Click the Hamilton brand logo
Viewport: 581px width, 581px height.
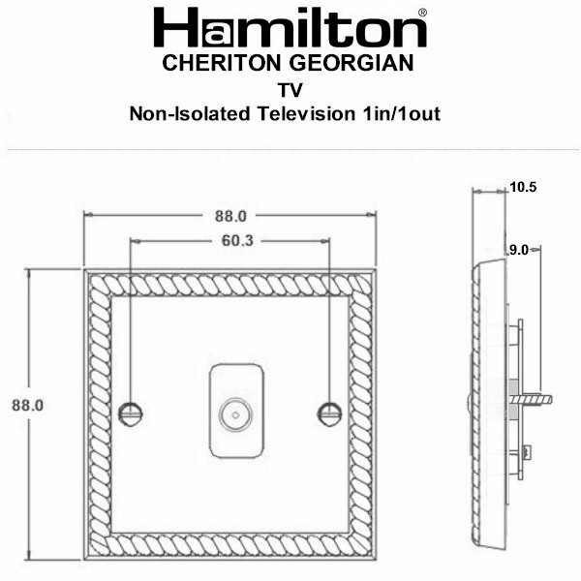coord(290,27)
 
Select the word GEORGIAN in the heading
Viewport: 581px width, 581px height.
coord(352,63)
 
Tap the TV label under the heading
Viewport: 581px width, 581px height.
coord(290,90)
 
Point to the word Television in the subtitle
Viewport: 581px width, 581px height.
coord(307,113)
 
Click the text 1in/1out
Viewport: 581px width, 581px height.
coord(401,113)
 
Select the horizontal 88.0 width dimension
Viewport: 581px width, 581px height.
coord(230,216)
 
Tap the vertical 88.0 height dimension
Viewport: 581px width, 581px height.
coord(27,405)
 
